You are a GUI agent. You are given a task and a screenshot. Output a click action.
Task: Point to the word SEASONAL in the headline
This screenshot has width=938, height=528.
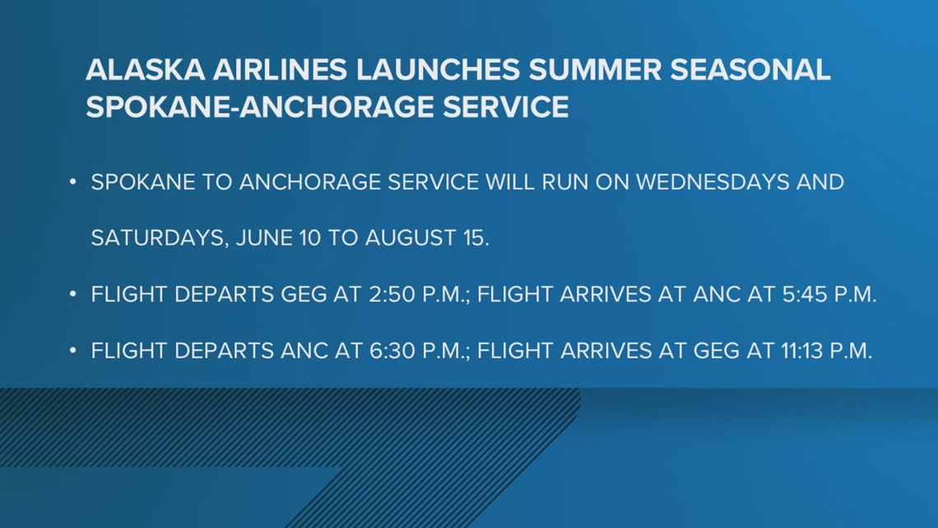[755, 71]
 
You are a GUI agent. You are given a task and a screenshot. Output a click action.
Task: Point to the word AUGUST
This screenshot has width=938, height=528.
[412, 238]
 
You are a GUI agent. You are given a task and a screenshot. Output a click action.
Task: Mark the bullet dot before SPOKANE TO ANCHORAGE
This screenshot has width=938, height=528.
[73, 183]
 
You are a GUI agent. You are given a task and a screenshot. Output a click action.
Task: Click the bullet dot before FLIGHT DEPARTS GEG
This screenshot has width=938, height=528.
[73, 295]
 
